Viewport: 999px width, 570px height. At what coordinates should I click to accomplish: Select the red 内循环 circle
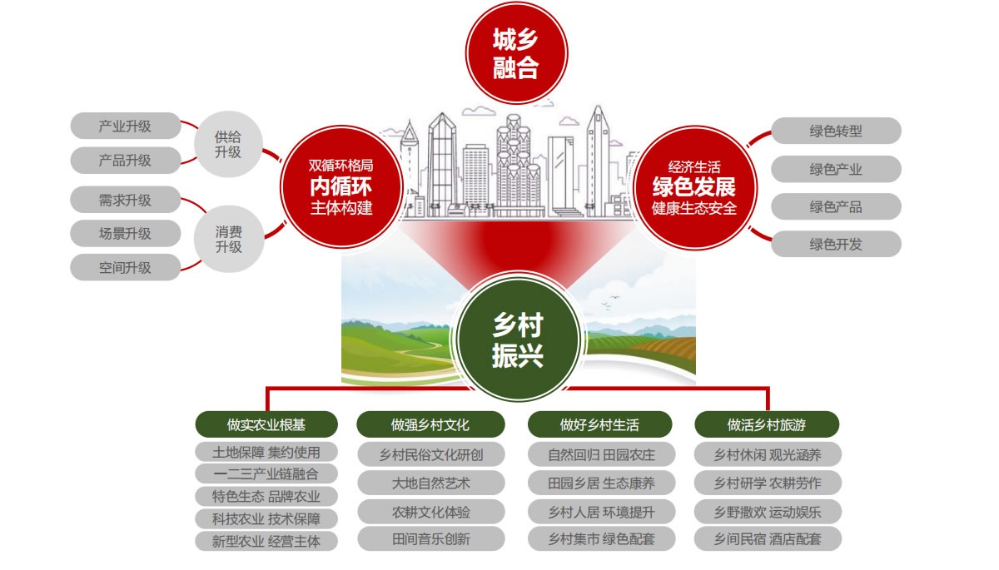click(x=341, y=186)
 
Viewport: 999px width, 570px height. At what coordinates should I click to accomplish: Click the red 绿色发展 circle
click(x=693, y=186)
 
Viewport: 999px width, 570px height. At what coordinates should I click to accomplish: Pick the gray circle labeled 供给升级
click(x=228, y=144)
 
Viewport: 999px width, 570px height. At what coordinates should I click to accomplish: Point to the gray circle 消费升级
click(x=228, y=238)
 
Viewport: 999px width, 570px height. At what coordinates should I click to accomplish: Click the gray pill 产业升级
click(x=125, y=126)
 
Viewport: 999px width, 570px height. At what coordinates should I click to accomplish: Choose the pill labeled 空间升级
click(x=125, y=268)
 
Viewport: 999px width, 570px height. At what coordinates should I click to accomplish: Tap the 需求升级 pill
click(x=125, y=200)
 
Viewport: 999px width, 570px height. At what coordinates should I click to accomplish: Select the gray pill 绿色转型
click(x=836, y=131)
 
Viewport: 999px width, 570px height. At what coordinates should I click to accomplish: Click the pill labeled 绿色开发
click(x=836, y=244)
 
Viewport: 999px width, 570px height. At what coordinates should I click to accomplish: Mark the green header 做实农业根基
click(x=266, y=424)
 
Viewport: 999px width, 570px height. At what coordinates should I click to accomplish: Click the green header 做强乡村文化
click(x=430, y=424)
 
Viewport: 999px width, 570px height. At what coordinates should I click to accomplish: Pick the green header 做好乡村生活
click(x=599, y=424)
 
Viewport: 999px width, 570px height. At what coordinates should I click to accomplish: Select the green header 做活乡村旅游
click(x=767, y=424)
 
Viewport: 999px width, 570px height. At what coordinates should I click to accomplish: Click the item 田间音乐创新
click(x=430, y=538)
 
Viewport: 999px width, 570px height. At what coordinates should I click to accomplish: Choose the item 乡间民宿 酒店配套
click(x=767, y=538)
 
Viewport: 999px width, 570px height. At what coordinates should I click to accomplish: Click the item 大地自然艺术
click(x=430, y=483)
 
